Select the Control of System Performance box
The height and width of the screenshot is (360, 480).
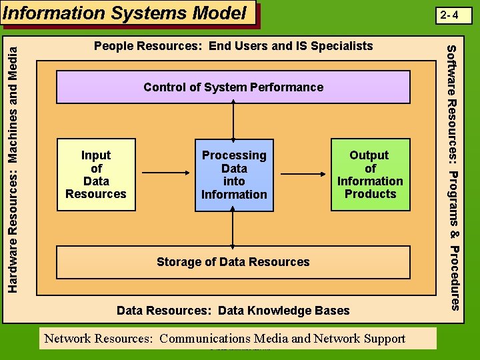pyautogui.click(x=233, y=87)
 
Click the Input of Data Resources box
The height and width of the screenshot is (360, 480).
pyautogui.click(x=96, y=175)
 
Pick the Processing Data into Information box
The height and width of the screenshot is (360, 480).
pyautogui.click(x=234, y=175)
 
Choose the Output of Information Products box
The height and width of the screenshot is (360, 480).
pyautogui.click(x=370, y=175)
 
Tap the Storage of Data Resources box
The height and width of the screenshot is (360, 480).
pyautogui.click(x=233, y=262)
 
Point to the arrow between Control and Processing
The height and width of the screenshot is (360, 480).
pyautogui.click(x=233, y=121)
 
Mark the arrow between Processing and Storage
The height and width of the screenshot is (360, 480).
pyautogui.click(x=233, y=229)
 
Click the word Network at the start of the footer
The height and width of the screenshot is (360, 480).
pyautogui.click(x=66, y=338)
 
